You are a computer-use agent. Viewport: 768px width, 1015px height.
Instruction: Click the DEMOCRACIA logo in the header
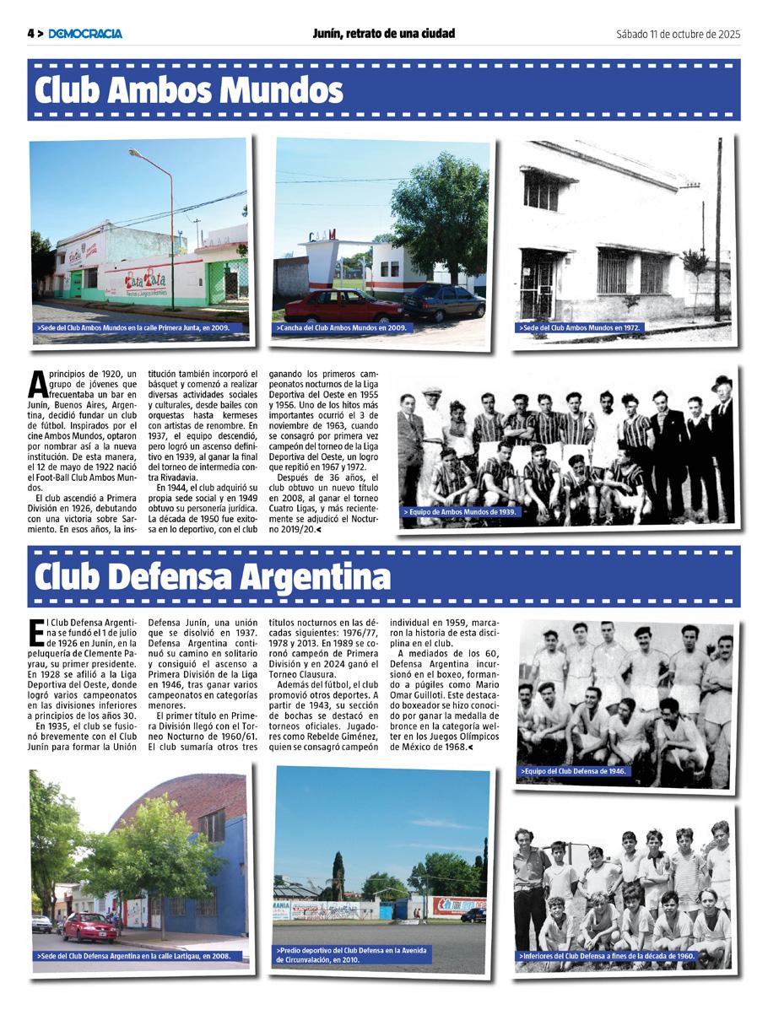pyautogui.click(x=85, y=34)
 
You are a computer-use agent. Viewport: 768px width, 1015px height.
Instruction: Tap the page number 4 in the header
pyautogui.click(x=31, y=34)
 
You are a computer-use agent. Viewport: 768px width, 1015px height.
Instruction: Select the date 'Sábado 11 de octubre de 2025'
pyautogui.click(x=678, y=34)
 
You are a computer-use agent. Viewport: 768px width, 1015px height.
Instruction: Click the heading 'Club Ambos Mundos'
pyautogui.click(x=189, y=89)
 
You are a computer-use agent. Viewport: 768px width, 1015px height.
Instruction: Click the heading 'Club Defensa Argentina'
pyautogui.click(x=213, y=576)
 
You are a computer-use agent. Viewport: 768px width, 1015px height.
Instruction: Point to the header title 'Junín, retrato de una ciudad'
pyautogui.click(x=383, y=34)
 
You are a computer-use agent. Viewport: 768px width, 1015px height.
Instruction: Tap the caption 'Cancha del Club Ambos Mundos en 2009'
pyautogui.click(x=341, y=327)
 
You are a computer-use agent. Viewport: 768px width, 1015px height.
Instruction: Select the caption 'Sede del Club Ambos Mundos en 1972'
pyautogui.click(x=583, y=327)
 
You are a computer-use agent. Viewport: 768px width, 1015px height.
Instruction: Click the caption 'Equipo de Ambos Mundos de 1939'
pyautogui.click(x=460, y=512)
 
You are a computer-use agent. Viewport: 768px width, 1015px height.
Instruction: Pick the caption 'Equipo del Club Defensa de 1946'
pyautogui.click(x=575, y=771)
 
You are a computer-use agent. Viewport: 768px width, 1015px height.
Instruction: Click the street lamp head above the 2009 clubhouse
pyautogui.click(x=135, y=153)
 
